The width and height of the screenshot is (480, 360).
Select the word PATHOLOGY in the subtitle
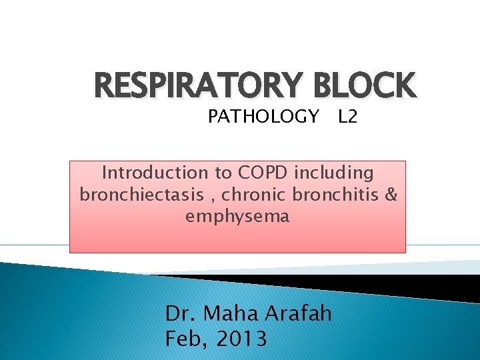pyautogui.click(x=263, y=117)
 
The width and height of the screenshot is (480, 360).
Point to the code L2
pyautogui.click(x=348, y=117)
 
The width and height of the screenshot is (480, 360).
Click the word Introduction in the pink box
pyautogui.click(x=155, y=173)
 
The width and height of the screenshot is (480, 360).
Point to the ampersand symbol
pyautogui.click(x=391, y=195)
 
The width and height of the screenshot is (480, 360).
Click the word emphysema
pyautogui.click(x=237, y=216)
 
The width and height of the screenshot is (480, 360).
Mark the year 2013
pyautogui.click(x=240, y=339)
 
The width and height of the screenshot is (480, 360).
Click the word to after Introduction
pyautogui.click(x=222, y=173)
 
